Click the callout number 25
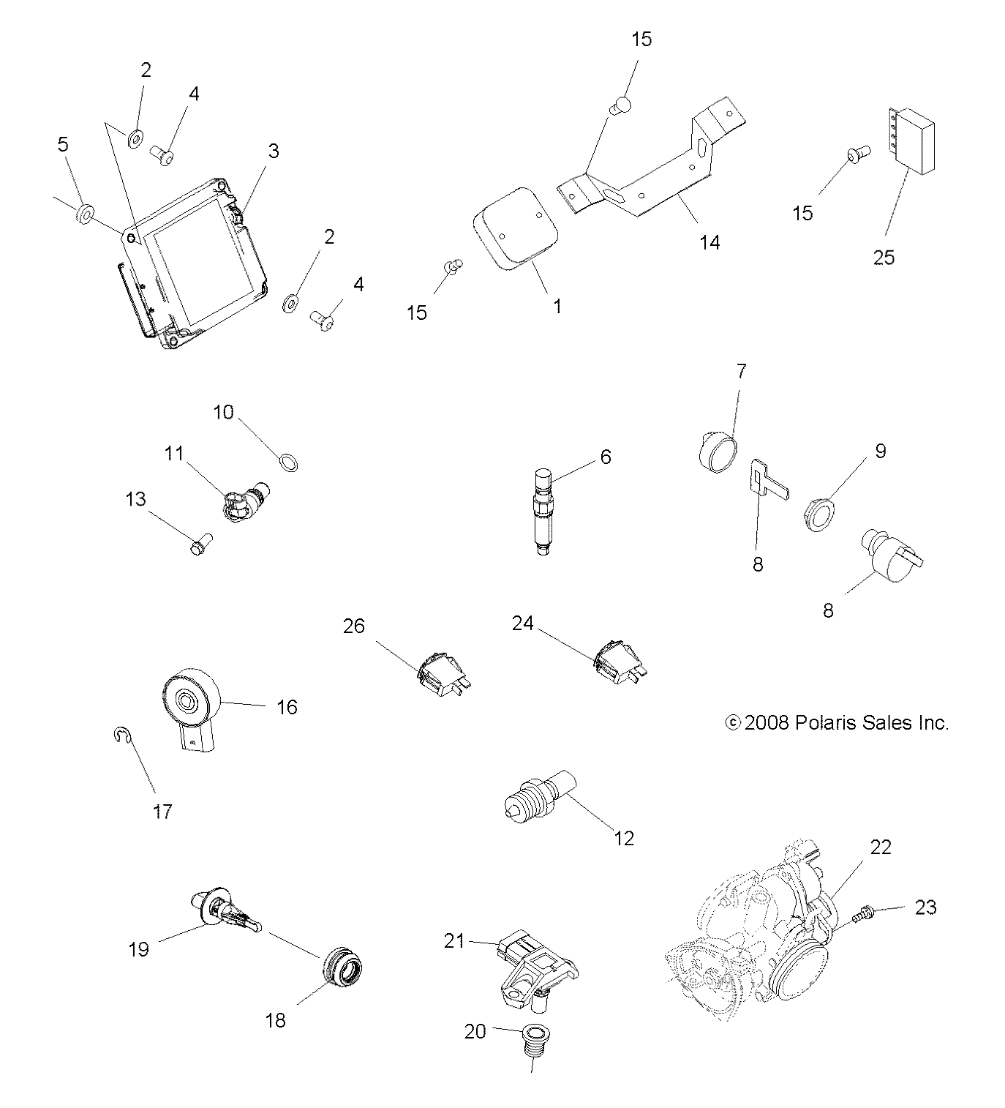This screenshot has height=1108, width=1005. coord(884,258)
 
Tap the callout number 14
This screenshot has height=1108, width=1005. coord(709,242)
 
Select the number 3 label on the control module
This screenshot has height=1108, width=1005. coord(273,151)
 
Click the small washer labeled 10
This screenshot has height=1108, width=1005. coord(289,463)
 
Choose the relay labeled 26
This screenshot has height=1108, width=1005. coord(442,672)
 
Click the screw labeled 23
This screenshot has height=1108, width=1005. coord(864,913)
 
